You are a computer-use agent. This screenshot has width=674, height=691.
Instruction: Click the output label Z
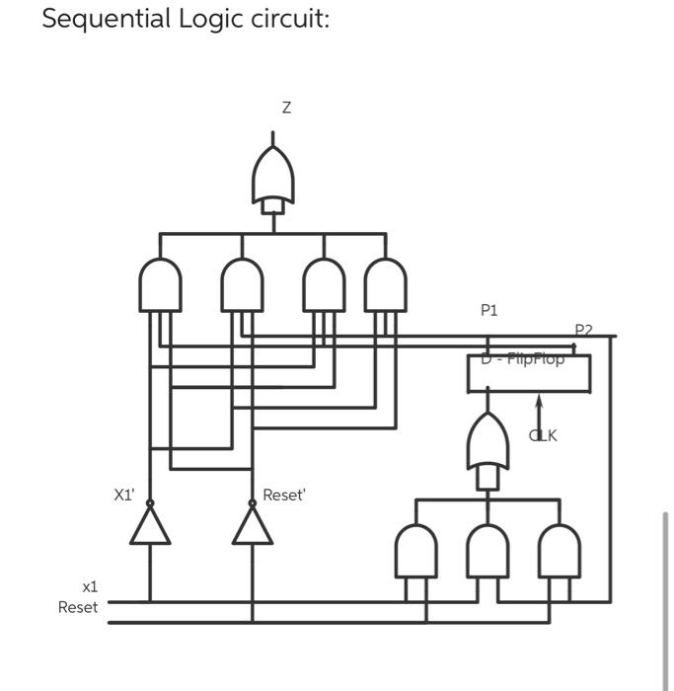286,108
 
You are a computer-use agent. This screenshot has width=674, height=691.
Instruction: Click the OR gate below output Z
273,178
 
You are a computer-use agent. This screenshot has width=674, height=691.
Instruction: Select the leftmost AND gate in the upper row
160,283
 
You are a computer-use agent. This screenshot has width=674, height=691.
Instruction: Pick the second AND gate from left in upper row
242,283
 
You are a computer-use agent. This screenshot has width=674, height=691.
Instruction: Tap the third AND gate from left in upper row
324,283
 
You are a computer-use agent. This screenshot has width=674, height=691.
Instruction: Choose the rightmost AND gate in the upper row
385,283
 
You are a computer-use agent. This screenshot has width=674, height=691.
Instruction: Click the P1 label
489,310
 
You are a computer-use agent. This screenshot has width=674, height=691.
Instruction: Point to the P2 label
583,330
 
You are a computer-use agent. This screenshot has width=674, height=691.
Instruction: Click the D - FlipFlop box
528,372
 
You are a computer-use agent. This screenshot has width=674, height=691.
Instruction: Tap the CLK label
544,435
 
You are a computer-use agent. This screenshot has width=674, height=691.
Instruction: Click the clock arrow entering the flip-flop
539,410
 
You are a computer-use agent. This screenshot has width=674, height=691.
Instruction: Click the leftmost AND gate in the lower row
415,551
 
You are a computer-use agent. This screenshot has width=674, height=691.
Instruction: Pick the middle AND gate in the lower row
487,551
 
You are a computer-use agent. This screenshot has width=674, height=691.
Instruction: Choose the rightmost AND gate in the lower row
560,551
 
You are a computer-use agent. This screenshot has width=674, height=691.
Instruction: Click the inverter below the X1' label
150,526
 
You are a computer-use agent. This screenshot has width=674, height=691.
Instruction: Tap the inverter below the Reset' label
252,526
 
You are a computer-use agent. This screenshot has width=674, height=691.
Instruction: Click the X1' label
124,496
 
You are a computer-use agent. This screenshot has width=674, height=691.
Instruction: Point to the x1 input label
90,586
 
